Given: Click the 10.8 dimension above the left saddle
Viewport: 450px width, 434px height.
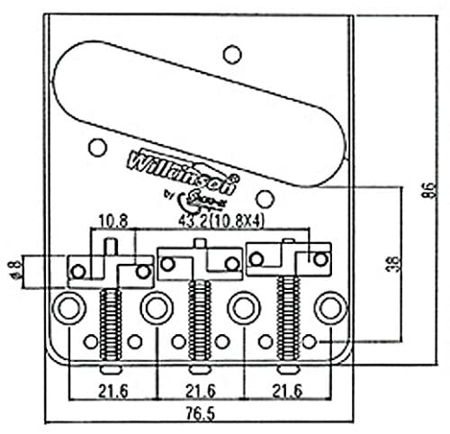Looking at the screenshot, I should pos(110,219).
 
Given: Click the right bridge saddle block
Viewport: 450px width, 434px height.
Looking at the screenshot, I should pos(286,256).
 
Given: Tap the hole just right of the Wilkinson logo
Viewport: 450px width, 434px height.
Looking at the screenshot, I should pos(264,198).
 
